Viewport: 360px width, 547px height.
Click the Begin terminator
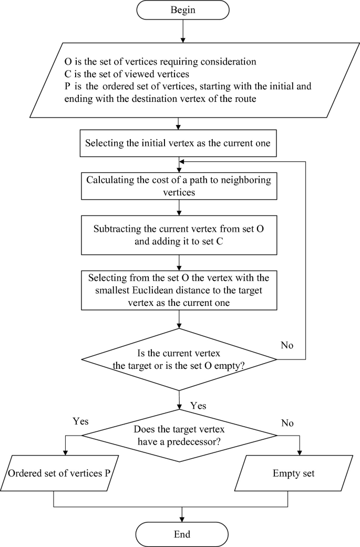(x=182, y=10)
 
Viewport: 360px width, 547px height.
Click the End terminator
(x=182, y=534)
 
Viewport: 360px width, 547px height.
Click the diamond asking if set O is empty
(x=179, y=359)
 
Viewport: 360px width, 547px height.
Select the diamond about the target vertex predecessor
(x=179, y=435)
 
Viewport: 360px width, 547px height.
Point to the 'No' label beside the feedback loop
(x=287, y=345)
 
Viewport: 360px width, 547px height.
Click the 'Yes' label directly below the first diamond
(x=198, y=406)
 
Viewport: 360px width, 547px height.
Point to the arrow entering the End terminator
(x=182, y=514)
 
